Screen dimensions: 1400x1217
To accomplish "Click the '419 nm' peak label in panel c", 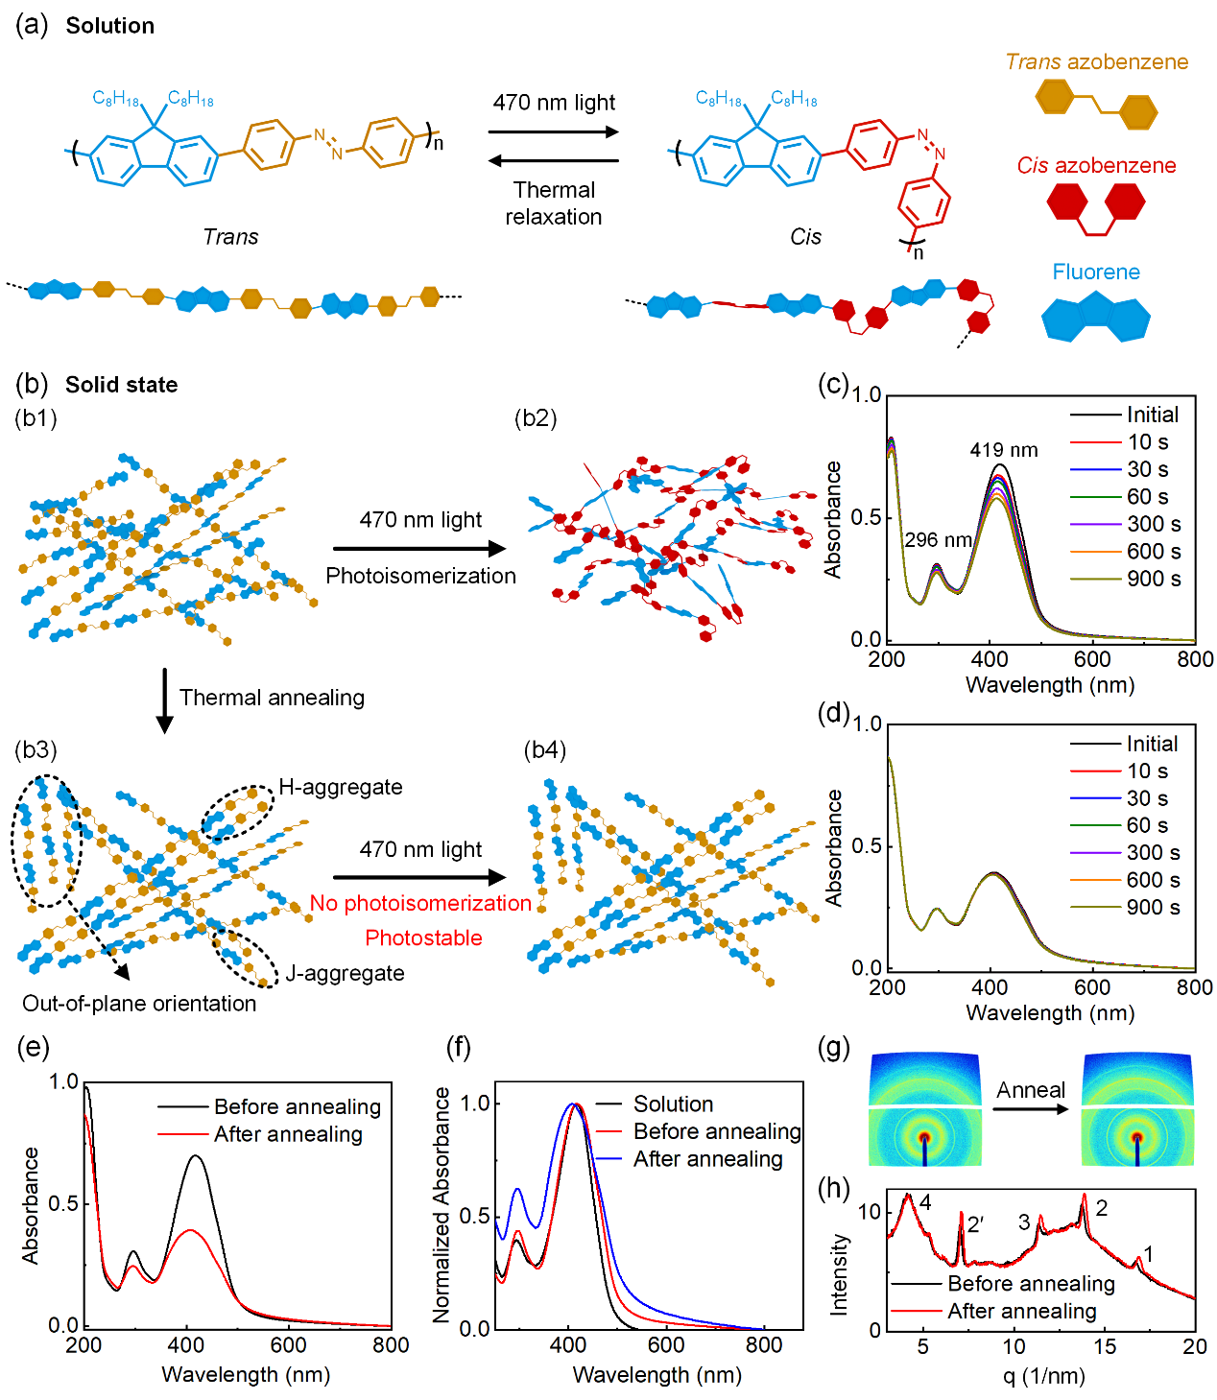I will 1003,450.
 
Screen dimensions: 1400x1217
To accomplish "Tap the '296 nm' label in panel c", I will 938,540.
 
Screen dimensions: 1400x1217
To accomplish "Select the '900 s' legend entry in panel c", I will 1153,579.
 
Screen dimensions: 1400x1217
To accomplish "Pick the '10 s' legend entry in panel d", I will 1147,771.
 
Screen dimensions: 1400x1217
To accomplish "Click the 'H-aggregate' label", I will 341,788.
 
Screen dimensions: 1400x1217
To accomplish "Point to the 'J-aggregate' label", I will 345,974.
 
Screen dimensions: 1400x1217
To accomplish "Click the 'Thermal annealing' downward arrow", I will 165,700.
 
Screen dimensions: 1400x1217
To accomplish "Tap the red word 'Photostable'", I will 423,938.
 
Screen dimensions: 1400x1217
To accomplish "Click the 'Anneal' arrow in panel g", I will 1030,1109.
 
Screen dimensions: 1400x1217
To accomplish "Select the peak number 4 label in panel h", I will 925,1203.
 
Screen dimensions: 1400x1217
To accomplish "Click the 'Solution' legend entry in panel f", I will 673,1104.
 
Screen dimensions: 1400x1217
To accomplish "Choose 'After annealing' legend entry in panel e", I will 288,1135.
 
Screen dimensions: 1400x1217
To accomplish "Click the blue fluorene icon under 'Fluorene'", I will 1095,318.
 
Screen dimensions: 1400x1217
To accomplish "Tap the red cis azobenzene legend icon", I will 1095,206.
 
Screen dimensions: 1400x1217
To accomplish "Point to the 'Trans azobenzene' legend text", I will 1096,62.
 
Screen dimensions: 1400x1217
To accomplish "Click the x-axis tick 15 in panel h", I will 1105,1347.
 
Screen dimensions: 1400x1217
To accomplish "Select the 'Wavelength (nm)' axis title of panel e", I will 246,1375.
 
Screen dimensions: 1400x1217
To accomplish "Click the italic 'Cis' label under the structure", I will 805,237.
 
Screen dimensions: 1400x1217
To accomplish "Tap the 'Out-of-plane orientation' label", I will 140,1004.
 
